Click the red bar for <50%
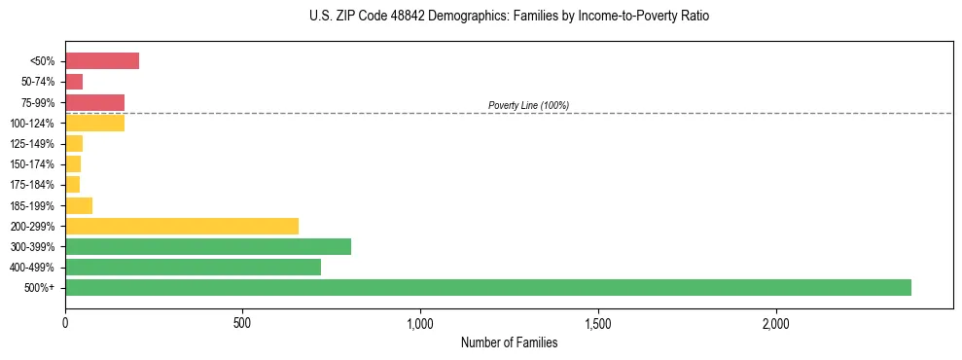click(x=102, y=61)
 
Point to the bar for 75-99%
click(x=94, y=102)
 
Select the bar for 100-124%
click(x=94, y=123)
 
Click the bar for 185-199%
click(x=79, y=205)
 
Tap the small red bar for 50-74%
click(x=74, y=82)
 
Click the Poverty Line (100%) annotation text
click(x=528, y=105)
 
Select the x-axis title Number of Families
click(x=509, y=342)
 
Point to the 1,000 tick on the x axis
click(x=420, y=322)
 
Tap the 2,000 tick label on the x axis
click(x=776, y=322)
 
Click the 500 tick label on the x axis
click(x=242, y=322)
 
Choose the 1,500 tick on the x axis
click(x=598, y=322)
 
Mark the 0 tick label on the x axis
click(x=65, y=322)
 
